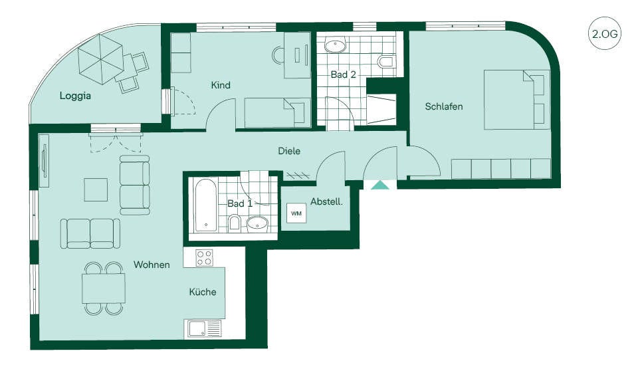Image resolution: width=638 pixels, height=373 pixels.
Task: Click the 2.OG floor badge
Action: click(x=605, y=33)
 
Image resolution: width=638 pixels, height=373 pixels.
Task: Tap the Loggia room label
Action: click(x=75, y=96)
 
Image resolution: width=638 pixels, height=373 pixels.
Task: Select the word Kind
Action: click(x=221, y=85)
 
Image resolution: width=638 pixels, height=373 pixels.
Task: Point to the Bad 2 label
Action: click(x=343, y=74)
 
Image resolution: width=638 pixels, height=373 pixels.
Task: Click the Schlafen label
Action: click(x=443, y=106)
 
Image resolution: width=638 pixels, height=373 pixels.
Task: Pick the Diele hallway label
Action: click(x=289, y=151)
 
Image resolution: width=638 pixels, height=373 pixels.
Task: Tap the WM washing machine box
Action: click(x=296, y=213)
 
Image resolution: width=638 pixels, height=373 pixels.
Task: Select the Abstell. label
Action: click(x=326, y=201)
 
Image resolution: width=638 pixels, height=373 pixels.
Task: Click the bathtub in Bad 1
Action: click(x=206, y=205)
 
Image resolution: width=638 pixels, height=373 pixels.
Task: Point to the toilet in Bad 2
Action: click(x=385, y=61)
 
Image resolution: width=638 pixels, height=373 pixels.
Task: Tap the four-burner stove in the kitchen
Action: click(x=204, y=258)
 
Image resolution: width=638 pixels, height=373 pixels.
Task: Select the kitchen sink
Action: click(x=204, y=328)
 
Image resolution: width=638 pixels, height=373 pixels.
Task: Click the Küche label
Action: click(x=202, y=292)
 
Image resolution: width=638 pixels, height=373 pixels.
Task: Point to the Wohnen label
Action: click(x=152, y=265)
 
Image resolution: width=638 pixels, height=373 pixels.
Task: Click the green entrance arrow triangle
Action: click(x=380, y=186)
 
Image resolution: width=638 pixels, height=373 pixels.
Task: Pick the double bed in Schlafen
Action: click(x=514, y=100)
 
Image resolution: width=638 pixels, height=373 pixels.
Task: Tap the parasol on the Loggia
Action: click(x=100, y=59)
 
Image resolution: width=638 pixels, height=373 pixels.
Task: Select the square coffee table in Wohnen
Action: click(x=96, y=189)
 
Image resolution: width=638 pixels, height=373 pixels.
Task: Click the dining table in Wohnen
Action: click(x=104, y=289)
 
